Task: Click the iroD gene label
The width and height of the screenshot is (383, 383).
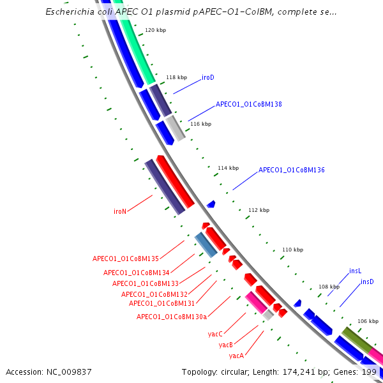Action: tap(208, 78)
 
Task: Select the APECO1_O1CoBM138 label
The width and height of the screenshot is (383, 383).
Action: tap(249, 103)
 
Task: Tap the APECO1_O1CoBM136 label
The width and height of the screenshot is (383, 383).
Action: tap(292, 170)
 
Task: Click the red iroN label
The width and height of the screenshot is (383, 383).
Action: tap(120, 211)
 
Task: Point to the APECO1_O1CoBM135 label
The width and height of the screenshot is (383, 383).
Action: tap(126, 259)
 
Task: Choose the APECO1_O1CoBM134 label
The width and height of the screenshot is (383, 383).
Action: tap(137, 273)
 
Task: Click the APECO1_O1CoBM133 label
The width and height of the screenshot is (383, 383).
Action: tap(146, 283)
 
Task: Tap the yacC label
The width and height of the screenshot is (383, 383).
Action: tap(215, 334)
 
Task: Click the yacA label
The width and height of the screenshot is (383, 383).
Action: tap(237, 356)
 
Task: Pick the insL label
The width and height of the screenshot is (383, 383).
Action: tap(356, 271)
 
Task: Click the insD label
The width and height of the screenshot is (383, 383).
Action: tap(367, 282)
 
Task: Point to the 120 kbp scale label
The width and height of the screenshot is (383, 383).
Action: tap(155, 31)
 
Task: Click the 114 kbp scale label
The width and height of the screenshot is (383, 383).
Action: tap(228, 169)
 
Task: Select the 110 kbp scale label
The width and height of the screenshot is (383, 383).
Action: tap(292, 250)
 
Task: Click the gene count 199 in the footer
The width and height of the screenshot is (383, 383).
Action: tap(369, 372)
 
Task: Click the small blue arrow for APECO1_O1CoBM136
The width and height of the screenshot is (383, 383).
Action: tap(211, 204)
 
